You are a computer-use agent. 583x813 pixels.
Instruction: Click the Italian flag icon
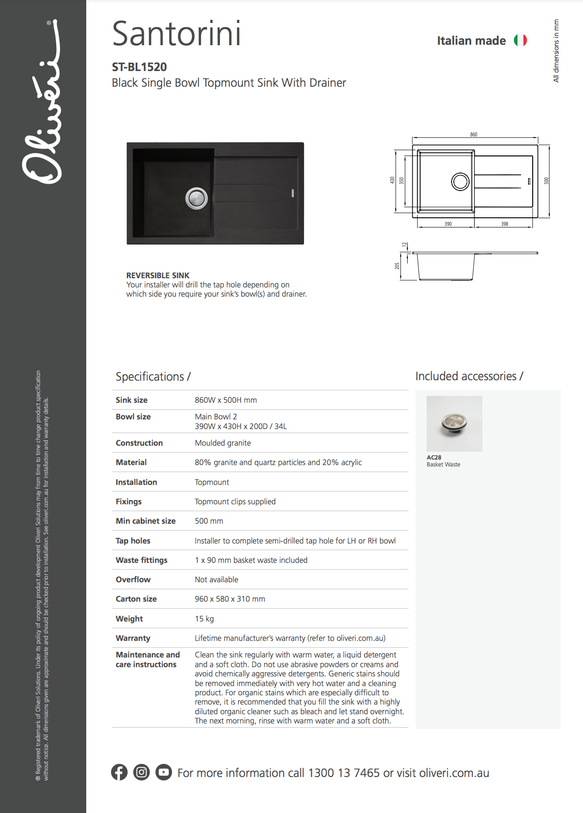coord(520,41)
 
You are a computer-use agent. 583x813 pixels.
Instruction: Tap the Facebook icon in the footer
coord(119,772)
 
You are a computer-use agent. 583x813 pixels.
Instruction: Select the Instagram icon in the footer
coord(142,772)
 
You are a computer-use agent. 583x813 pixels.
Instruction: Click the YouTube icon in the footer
coord(163,772)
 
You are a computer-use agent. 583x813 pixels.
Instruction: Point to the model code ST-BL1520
coord(139,67)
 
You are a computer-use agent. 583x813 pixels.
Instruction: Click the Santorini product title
coord(177,34)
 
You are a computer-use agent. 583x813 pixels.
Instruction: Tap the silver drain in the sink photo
coord(196,198)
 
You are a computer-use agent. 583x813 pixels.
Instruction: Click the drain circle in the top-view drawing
coord(460,181)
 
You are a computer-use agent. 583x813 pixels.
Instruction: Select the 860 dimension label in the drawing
coord(474,135)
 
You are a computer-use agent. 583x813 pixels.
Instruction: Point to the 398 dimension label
coord(505,224)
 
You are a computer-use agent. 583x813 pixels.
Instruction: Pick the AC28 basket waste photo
coord(454,424)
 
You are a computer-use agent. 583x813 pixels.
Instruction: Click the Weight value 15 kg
coord(204,619)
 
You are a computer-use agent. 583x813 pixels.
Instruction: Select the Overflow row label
coord(133,580)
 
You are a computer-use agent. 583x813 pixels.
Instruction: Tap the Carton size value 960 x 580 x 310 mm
coord(230,599)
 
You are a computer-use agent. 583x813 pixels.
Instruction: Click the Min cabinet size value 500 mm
coord(209,521)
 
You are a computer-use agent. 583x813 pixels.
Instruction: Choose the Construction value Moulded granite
coord(223,443)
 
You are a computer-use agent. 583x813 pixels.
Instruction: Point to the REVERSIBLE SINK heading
coord(158,275)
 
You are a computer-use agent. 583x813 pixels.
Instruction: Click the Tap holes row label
coord(133,541)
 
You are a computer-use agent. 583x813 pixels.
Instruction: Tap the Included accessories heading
coord(469,377)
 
